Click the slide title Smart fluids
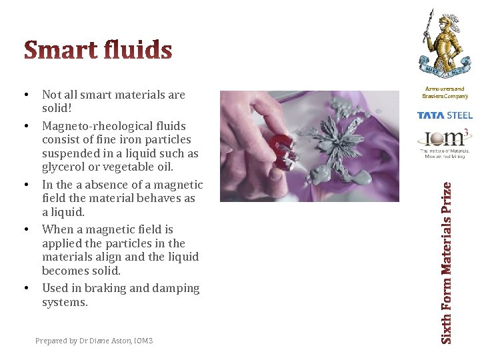(x=98, y=50)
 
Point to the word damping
(x=177, y=288)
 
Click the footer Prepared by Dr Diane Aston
(x=94, y=341)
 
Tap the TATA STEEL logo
(x=445, y=115)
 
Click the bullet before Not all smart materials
(x=25, y=95)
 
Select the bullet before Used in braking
(x=25, y=288)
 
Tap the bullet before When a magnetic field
(x=25, y=229)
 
